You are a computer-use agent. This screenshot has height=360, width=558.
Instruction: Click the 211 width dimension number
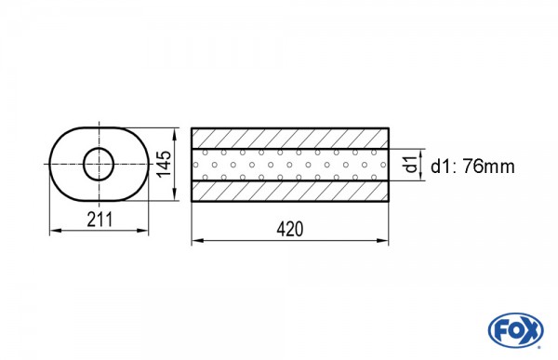tap(100, 219)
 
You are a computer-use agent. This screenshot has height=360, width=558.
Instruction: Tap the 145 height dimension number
tap(165, 164)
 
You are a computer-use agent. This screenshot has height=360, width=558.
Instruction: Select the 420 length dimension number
tap(290, 229)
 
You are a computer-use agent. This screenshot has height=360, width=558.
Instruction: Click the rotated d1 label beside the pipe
tap(411, 164)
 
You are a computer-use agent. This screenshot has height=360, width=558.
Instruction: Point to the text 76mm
tap(488, 167)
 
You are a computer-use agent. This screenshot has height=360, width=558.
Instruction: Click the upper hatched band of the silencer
tap(290, 139)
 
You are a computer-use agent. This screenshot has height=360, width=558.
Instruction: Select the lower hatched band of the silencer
tap(290, 192)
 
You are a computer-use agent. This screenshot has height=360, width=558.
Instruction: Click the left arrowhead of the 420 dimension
tap(197, 241)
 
